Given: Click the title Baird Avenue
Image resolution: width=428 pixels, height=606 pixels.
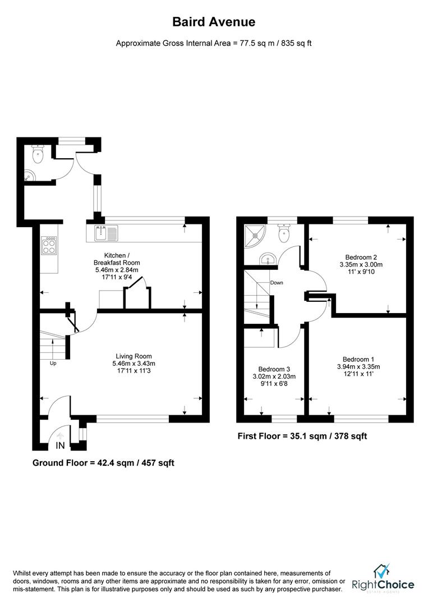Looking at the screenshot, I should [x=213, y=22].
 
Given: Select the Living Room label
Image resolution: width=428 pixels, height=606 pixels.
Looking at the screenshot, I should [x=134, y=356].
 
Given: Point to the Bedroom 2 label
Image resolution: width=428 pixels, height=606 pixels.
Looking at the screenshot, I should [x=361, y=257].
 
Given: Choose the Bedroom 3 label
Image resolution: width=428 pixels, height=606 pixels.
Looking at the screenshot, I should [x=274, y=369].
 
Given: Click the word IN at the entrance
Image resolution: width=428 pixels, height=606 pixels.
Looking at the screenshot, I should [x=61, y=446].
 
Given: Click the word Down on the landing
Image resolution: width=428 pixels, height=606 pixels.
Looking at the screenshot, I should [x=277, y=283].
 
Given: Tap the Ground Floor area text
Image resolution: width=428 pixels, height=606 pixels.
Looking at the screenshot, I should [x=103, y=463].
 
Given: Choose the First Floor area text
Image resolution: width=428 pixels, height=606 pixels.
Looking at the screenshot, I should [x=302, y=436].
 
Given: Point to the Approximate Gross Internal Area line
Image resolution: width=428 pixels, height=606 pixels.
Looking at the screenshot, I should [x=213, y=43].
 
